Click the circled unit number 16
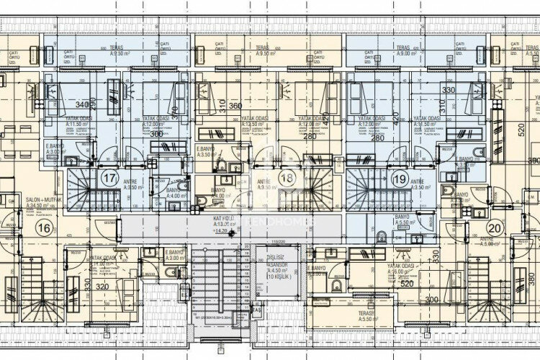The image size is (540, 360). click(x=44, y=228)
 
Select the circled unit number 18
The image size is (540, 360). click(x=288, y=177)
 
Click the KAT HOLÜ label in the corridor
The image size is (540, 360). click(x=222, y=220)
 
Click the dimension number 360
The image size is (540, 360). click(x=235, y=106)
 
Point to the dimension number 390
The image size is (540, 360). click(x=533, y=161)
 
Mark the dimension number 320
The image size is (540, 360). click(x=103, y=286)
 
